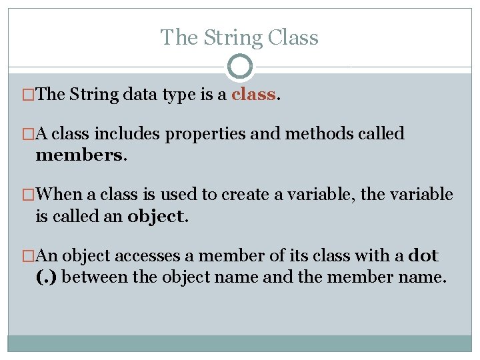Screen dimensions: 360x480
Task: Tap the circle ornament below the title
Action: [x=240, y=67]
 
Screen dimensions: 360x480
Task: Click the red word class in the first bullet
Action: [x=253, y=95]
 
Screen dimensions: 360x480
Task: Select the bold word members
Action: [x=80, y=155]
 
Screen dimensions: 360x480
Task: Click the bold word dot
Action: [x=423, y=255]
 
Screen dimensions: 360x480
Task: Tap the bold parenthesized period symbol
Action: [x=46, y=277]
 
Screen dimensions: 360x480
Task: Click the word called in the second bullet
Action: [x=381, y=134]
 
